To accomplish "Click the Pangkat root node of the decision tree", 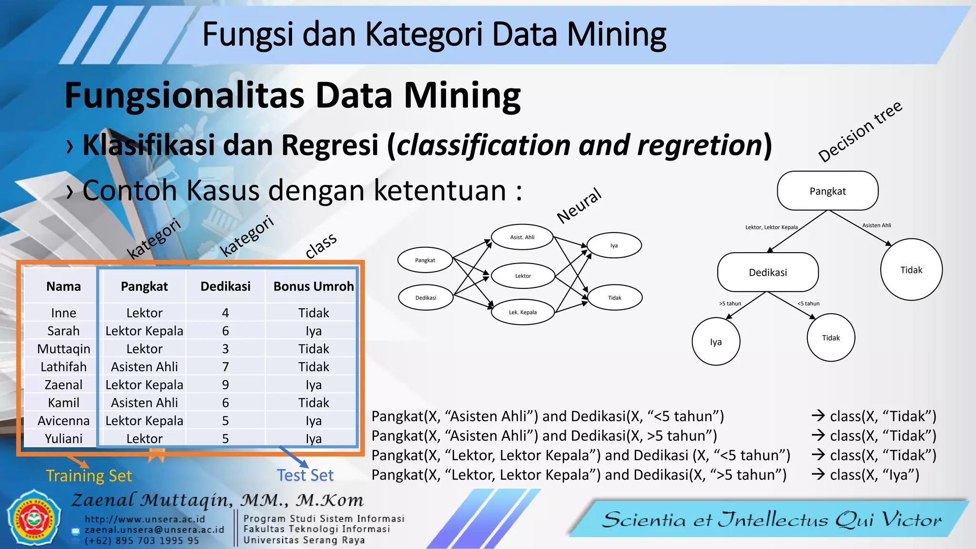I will (827, 191).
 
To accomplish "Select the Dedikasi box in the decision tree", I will (768, 272).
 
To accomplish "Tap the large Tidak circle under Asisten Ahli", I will (911, 270).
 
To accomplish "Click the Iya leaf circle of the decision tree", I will (716, 342).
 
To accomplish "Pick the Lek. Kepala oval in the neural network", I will (523, 312).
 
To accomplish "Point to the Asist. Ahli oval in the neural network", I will (522, 237).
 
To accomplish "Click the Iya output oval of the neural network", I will (614, 245).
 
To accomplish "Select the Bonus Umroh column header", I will (313, 286).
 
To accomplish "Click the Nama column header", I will (63, 286).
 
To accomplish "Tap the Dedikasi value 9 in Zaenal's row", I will (225, 385).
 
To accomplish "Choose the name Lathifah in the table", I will (63, 366).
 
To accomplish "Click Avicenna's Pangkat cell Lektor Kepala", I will (144, 421).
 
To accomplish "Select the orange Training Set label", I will (89, 476).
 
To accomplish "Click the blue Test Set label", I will (305, 475).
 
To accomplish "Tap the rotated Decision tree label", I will (860, 132).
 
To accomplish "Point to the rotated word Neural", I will (579, 205).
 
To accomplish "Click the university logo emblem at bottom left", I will (33, 518).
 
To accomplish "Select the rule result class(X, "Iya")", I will (874, 475).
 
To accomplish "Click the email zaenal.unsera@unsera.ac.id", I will (154, 530).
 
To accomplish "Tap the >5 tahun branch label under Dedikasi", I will (730, 304).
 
